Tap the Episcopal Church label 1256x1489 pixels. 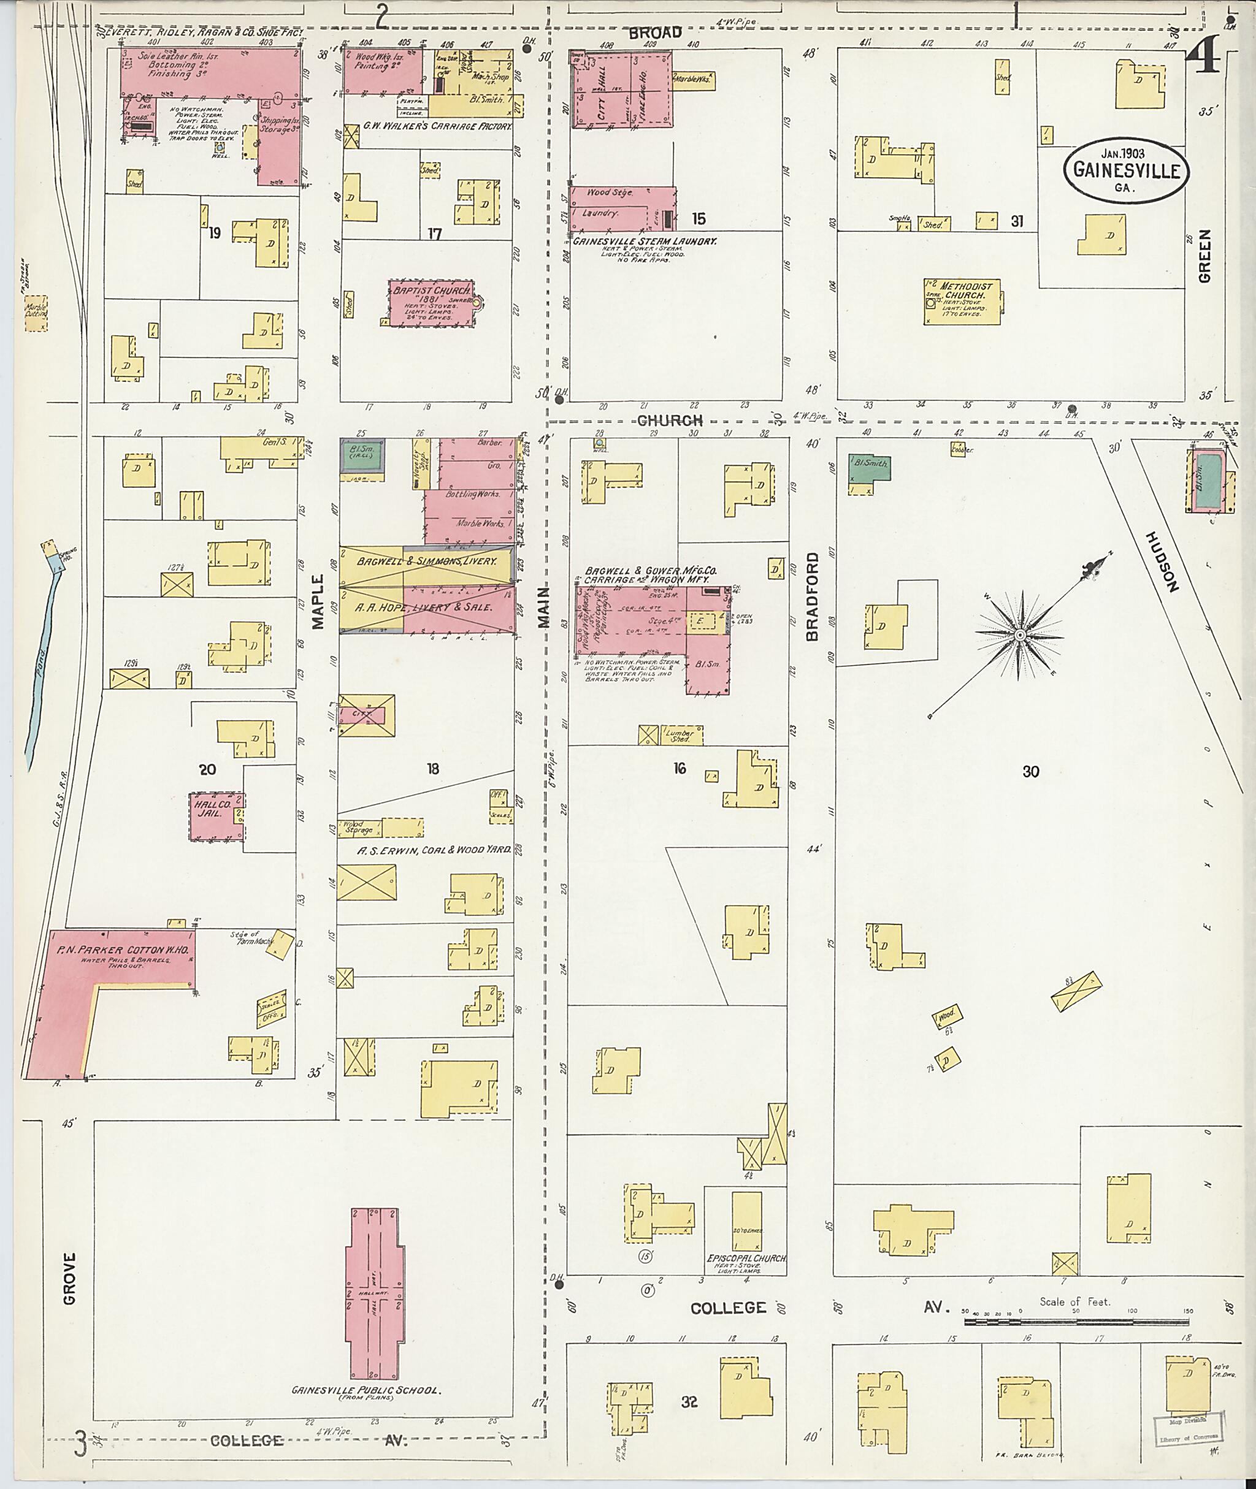[746, 1259]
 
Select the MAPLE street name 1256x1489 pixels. [317, 602]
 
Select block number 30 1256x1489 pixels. [1030, 771]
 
